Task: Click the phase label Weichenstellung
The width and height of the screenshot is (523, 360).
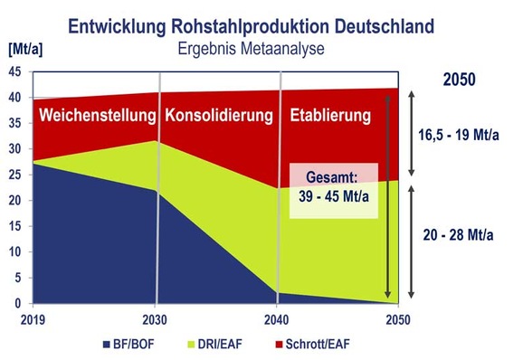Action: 97,117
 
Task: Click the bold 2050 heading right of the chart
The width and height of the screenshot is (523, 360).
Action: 461,80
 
